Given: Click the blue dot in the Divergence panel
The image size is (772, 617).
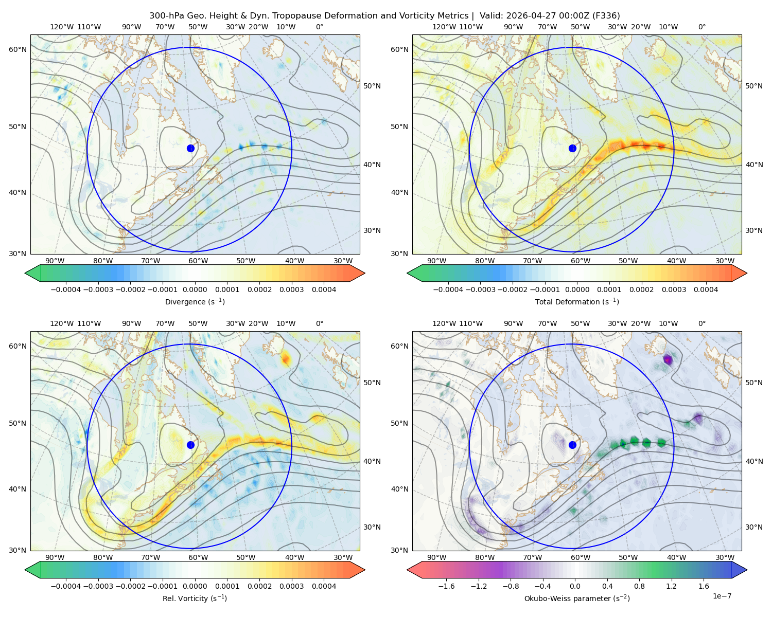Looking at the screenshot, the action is (x=190, y=148).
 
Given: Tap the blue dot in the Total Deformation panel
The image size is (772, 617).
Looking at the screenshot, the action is (x=572, y=148).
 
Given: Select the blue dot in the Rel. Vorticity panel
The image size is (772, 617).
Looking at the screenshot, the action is (x=190, y=445).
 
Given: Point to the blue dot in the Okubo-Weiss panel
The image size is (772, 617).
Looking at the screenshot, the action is (x=572, y=445).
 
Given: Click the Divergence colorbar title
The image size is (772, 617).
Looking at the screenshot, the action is (x=195, y=301).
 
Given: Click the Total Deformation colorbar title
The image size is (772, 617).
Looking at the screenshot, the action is (x=577, y=301).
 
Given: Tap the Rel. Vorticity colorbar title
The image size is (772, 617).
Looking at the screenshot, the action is (x=195, y=598).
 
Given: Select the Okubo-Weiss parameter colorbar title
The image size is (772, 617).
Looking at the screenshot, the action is (x=577, y=598).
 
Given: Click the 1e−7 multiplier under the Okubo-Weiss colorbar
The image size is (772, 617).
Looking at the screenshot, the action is (x=722, y=596).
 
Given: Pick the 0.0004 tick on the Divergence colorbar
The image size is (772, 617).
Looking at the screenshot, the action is (x=324, y=289).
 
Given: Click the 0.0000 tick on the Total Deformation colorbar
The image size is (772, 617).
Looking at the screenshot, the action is (x=577, y=289).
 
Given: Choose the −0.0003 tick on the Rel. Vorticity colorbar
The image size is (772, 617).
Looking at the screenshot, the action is (x=98, y=586).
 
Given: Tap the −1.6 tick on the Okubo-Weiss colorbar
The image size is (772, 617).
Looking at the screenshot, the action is (x=446, y=586).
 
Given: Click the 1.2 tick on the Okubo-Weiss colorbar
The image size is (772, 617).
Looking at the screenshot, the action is (x=671, y=586).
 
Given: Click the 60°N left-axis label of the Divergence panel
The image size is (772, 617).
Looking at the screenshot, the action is (x=17, y=49).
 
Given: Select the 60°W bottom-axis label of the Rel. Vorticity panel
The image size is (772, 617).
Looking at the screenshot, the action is (x=198, y=557).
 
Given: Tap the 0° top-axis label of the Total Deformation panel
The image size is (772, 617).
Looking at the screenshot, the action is (x=701, y=27).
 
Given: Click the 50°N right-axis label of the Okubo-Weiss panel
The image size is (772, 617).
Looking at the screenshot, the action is (x=753, y=383).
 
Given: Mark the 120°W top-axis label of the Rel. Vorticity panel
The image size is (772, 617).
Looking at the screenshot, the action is (x=62, y=323).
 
